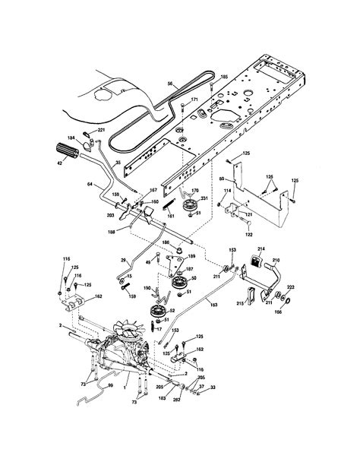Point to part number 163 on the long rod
pos(212,304)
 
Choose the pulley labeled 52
pos(154,312)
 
